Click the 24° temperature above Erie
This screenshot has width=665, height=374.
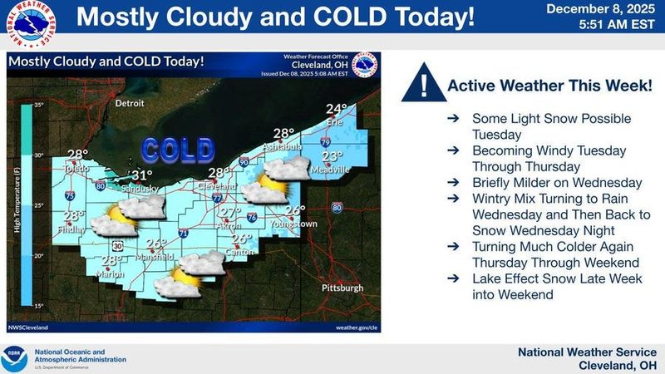[x=336, y=109]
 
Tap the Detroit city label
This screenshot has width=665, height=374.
[x=130, y=104]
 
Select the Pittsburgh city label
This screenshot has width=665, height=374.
[x=342, y=288]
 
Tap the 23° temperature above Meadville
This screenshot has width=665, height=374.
[x=332, y=156]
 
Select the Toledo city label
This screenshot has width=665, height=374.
[x=76, y=166]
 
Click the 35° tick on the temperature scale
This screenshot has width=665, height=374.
[x=37, y=106]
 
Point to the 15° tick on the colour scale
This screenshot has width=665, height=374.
[x=37, y=306]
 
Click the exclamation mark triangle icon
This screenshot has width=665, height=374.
[x=424, y=86]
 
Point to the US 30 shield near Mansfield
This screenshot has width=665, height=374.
[x=119, y=246]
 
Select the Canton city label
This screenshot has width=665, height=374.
[x=241, y=251]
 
